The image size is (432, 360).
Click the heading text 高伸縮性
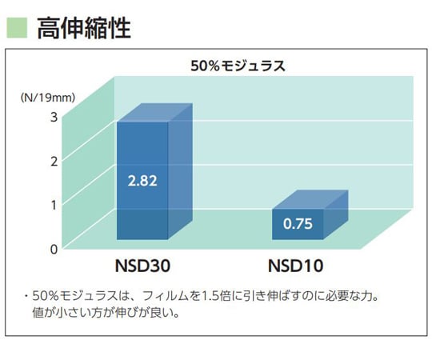click(84, 28)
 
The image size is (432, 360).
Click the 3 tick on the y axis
click(54, 117)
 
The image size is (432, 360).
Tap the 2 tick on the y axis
click(54, 161)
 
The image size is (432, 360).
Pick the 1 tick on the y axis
click(54, 204)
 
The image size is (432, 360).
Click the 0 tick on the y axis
click(54, 248)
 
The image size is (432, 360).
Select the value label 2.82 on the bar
click(142, 180)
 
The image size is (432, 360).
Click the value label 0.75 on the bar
click(298, 224)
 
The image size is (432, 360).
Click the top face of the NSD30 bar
click(155, 113)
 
